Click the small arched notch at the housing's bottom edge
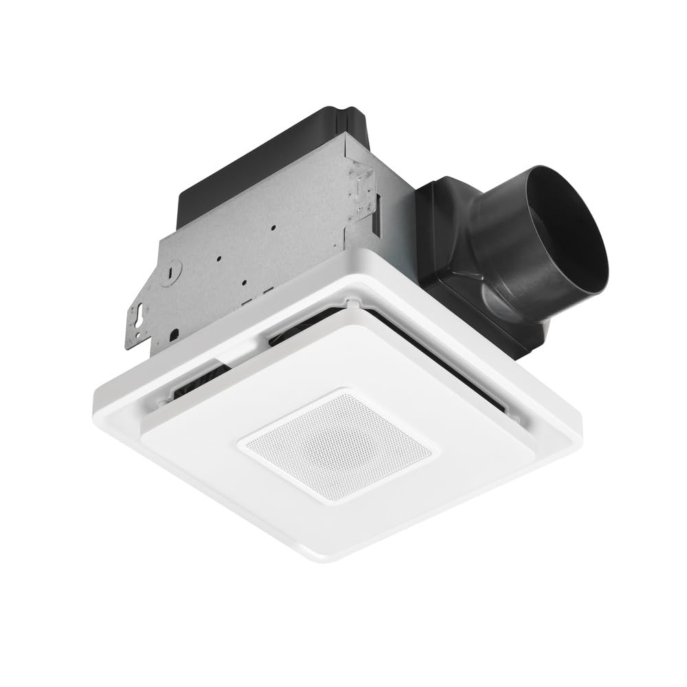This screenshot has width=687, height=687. [x=174, y=334]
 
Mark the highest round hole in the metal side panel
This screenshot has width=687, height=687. [x=273, y=227]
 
